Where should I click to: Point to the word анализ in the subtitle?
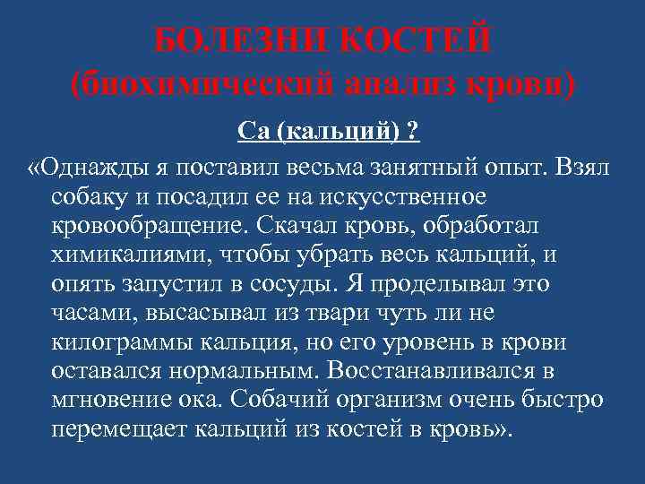pos(413,85)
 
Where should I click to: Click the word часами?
pos(87,311)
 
